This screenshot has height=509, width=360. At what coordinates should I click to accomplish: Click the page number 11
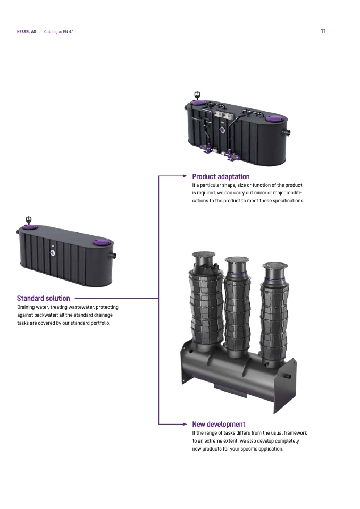(x=323, y=31)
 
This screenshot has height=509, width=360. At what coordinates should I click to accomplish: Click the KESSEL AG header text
(x=26, y=32)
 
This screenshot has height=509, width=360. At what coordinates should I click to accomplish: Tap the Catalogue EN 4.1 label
(x=59, y=32)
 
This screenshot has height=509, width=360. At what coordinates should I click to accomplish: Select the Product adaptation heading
(x=221, y=176)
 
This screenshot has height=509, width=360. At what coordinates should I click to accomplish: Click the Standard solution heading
(x=43, y=298)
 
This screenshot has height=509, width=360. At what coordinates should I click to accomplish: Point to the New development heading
(x=219, y=425)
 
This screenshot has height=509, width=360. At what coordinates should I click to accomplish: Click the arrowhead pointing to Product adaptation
(x=185, y=176)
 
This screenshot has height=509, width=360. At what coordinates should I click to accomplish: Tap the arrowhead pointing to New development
(x=185, y=424)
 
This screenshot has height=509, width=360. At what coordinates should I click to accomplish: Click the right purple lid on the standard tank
(x=101, y=242)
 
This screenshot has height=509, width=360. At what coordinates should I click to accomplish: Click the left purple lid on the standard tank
(x=31, y=227)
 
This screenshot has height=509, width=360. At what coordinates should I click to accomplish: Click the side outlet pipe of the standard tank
(x=113, y=256)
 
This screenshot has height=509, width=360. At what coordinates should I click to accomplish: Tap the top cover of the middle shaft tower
(x=237, y=260)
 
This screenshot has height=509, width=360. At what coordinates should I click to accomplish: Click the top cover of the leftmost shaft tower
(x=204, y=255)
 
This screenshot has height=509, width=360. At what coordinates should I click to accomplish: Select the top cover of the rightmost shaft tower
(x=275, y=266)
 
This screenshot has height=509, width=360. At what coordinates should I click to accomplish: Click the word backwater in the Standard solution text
(x=46, y=315)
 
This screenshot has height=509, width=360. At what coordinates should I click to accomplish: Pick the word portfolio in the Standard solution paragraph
(x=100, y=323)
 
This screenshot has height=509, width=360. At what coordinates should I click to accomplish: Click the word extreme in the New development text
(x=213, y=441)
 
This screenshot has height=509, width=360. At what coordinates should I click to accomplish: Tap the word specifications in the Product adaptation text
(x=289, y=201)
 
